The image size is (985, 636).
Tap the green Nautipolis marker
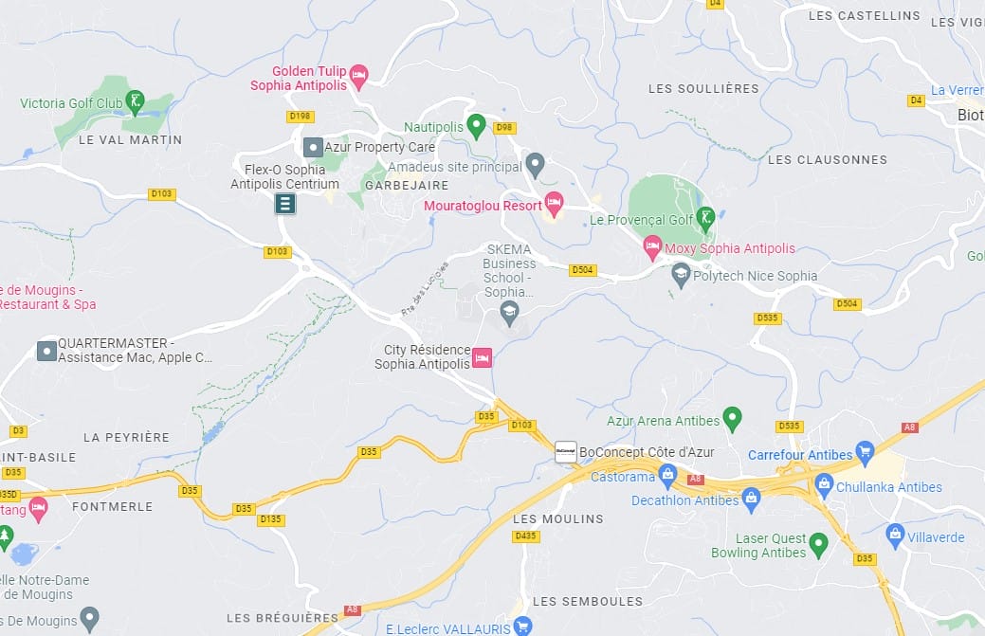(478, 125)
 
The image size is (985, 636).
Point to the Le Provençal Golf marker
(704, 219)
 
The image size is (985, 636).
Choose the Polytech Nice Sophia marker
(680, 276)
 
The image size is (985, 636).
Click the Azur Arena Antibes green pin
(731, 417)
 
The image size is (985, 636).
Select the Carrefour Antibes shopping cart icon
(864, 451)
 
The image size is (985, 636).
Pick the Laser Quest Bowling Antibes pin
(819, 543)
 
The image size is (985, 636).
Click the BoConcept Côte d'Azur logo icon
(565, 452)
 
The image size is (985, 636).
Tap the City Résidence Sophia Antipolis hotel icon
(482, 358)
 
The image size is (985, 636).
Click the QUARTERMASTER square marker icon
(46, 351)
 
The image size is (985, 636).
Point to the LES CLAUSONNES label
(827, 160)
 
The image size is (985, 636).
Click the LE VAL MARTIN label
(130, 140)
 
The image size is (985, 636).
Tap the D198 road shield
(300, 117)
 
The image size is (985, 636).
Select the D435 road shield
(525, 536)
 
